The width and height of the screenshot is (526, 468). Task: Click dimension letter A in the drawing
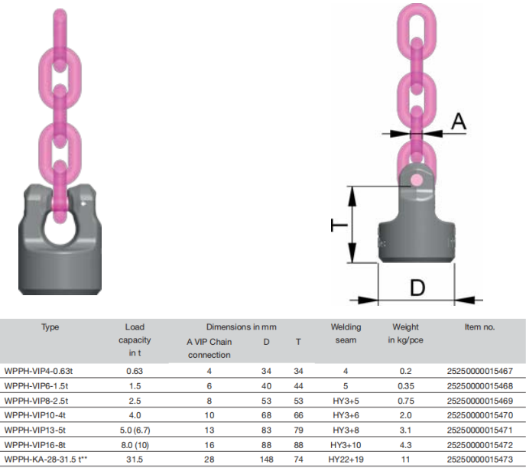pos(459,121)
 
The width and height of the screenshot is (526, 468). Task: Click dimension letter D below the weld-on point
pos(417,288)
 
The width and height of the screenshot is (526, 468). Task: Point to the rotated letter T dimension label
pos(339,225)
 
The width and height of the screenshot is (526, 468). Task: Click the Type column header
pos(50,327)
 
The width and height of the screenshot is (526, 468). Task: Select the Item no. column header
pos(479,327)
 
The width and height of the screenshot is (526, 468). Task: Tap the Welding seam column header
pos(346,333)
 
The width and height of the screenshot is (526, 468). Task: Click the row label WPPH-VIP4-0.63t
pos(38,371)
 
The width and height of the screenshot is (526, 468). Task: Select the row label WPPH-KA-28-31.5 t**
pos(46,460)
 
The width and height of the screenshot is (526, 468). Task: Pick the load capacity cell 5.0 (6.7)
pos(135,430)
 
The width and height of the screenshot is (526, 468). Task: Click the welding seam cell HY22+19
pos(346,460)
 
